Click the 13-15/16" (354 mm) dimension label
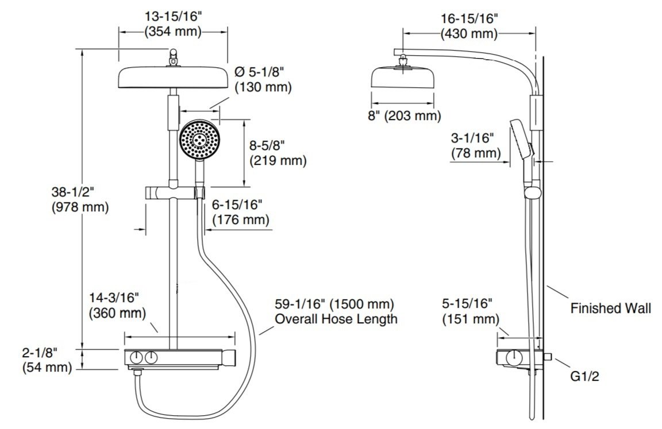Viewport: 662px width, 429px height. click(173, 24)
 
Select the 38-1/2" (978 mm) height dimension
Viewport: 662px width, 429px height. click(80, 199)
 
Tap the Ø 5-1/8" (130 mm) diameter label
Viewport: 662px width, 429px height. click(263, 79)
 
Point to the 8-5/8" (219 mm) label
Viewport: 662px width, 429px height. click(278, 153)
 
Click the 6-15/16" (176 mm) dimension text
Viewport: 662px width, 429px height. click(240, 212)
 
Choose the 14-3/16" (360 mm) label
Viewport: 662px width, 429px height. click(117, 306)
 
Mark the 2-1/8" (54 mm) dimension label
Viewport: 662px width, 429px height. click(47, 360)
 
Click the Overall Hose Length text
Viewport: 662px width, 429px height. click(336, 319)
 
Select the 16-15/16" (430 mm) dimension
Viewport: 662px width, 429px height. click(469, 26)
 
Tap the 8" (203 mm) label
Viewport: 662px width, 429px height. click(404, 115)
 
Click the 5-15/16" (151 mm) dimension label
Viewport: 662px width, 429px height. click(470, 311)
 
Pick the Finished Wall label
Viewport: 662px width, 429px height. click(610, 308)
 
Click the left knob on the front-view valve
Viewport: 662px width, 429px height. click(136, 358)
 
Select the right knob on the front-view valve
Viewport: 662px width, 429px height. click(151, 358)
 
